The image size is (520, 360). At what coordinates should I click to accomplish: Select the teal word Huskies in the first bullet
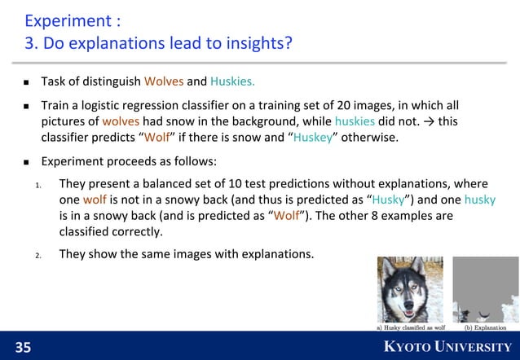pyautogui.click(x=232, y=81)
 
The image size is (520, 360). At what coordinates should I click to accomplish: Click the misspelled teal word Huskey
pyautogui.click(x=313, y=137)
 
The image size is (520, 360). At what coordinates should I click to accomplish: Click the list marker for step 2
pyautogui.click(x=38, y=255)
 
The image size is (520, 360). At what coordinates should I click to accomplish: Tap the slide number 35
pyautogui.click(x=24, y=348)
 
